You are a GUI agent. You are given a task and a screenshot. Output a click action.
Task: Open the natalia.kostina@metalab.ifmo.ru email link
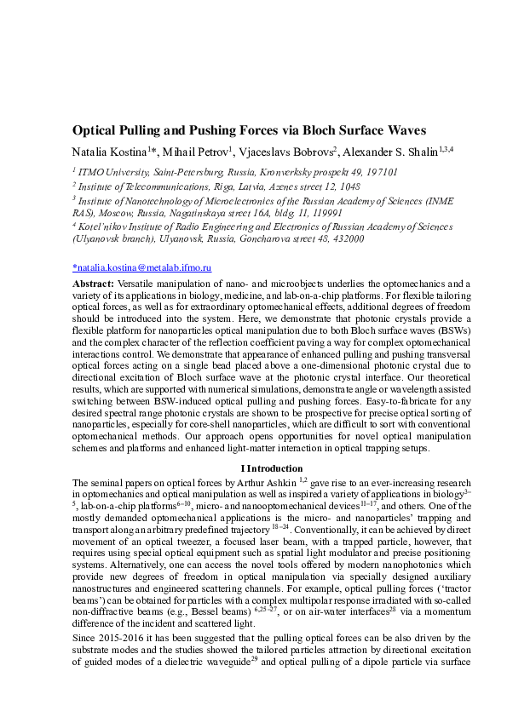142,267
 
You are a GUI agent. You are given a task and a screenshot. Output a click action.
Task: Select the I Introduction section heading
272,467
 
